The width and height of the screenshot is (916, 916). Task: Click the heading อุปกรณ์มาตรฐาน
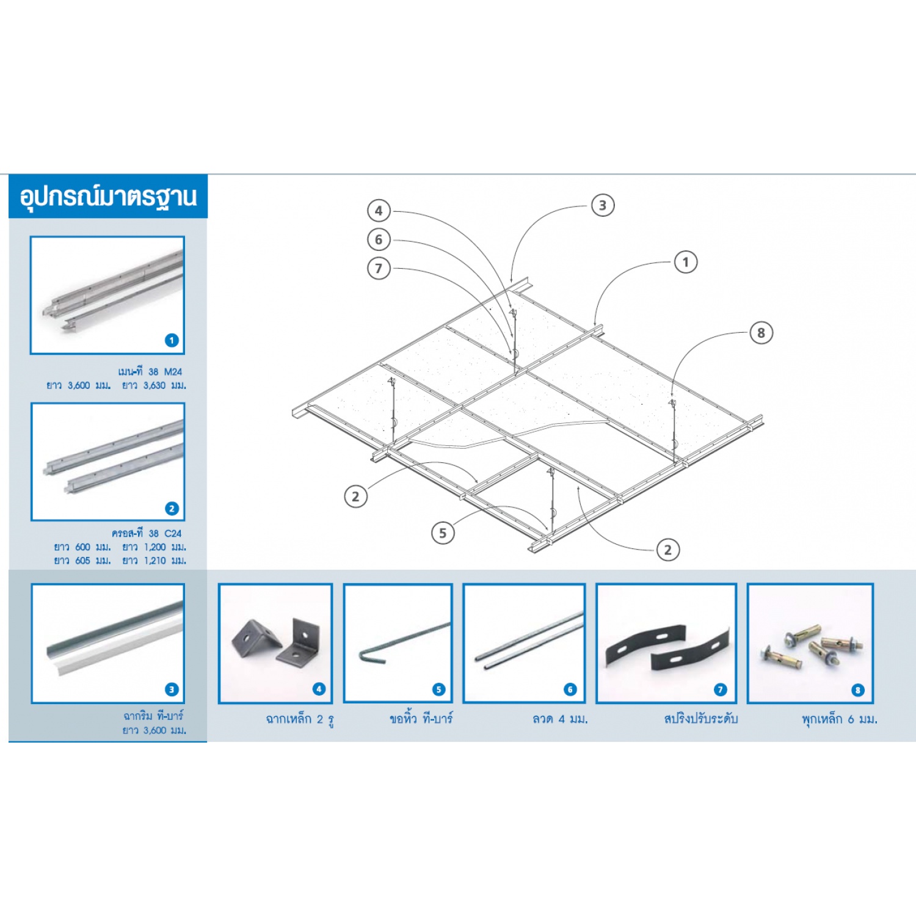[x=108, y=197]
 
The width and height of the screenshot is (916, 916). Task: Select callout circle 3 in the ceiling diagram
[x=603, y=205]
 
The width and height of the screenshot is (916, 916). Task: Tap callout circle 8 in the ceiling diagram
[x=761, y=333]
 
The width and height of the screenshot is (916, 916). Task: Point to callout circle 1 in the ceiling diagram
[x=685, y=262]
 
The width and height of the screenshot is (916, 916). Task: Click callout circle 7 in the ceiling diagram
[x=379, y=268]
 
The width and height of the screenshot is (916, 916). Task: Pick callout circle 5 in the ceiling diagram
[x=443, y=533]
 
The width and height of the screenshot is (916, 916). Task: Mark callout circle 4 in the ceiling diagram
[x=379, y=211]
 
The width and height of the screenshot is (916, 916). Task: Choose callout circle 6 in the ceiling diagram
[x=379, y=239]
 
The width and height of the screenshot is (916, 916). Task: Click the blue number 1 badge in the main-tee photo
[x=172, y=340]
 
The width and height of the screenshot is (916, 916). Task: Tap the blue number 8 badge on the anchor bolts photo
[x=857, y=690]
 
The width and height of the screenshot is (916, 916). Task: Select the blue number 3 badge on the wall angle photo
[x=172, y=689]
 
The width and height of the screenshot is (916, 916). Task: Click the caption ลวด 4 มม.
[x=560, y=719]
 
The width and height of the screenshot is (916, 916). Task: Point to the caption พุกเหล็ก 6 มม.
[x=839, y=719]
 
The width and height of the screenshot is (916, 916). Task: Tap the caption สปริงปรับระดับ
[x=700, y=719]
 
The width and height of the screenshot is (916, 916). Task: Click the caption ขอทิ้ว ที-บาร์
[x=421, y=719]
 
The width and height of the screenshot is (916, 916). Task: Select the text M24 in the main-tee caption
[x=173, y=371]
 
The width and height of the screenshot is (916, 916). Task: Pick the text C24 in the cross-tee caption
[x=173, y=533]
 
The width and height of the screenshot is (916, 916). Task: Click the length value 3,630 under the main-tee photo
[x=154, y=385]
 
